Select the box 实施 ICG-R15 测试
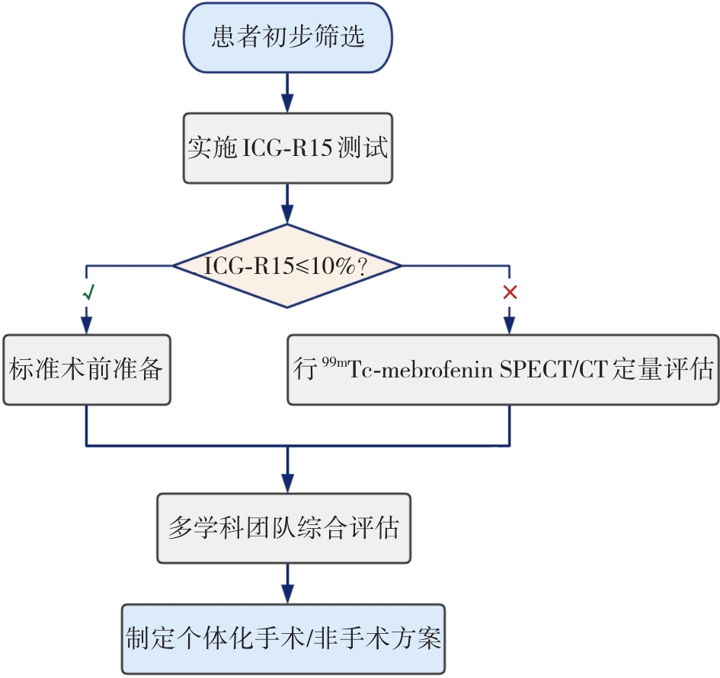(287, 148)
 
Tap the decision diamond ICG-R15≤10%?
(286, 266)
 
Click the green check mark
(88, 291)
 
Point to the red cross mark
(510, 292)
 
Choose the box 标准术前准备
(86, 370)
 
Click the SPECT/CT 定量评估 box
(503, 370)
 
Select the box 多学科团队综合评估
(283, 528)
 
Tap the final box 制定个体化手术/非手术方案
(283, 638)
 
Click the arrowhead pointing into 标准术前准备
(86, 325)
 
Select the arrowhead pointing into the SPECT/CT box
(509, 325)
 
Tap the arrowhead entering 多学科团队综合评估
(287, 482)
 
